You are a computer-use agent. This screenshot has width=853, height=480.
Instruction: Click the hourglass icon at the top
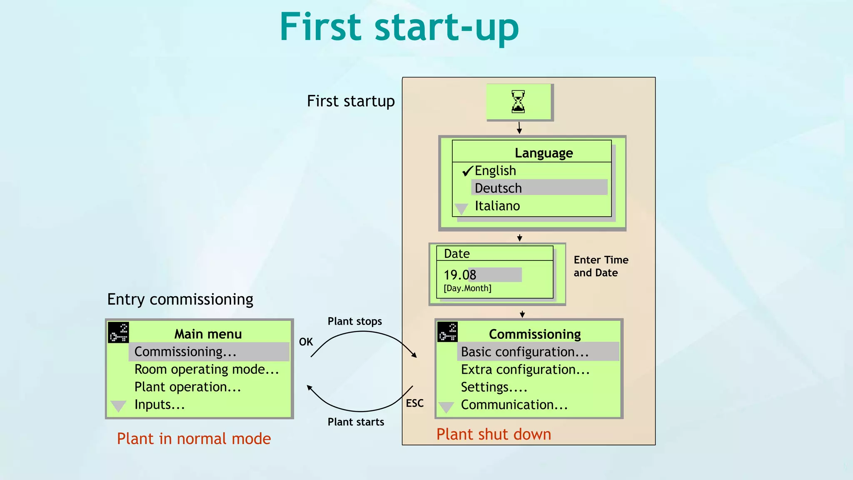[518, 102]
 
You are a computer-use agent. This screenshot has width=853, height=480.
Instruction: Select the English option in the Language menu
[495, 171]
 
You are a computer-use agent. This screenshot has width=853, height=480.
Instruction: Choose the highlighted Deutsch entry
[498, 188]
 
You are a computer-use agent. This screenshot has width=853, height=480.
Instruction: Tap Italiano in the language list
[497, 206]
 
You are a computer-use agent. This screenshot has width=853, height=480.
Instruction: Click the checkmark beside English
[467, 171]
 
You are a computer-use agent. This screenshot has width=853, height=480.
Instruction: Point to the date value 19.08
[460, 275]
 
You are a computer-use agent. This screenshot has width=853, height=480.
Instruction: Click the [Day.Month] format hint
[467, 288]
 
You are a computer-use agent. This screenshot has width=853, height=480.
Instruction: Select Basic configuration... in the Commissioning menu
[525, 352]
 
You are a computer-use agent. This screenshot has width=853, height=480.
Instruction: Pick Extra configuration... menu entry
[525, 370]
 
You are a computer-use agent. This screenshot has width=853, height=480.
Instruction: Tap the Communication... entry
[514, 405]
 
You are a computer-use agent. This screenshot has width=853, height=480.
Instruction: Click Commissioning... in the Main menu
[185, 352]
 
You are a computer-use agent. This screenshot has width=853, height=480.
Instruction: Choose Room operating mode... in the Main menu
[207, 370]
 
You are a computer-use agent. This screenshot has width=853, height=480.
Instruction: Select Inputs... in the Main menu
[160, 405]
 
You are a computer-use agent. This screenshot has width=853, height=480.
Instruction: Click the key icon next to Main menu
[118, 332]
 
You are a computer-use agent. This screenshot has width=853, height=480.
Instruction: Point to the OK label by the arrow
[306, 342]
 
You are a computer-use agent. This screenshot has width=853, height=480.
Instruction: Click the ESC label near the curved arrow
[415, 403]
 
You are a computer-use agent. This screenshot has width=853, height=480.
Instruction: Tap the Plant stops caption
[355, 321]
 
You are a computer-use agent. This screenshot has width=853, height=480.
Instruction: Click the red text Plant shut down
[494, 435]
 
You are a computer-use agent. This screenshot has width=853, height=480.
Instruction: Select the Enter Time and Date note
[601, 266]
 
